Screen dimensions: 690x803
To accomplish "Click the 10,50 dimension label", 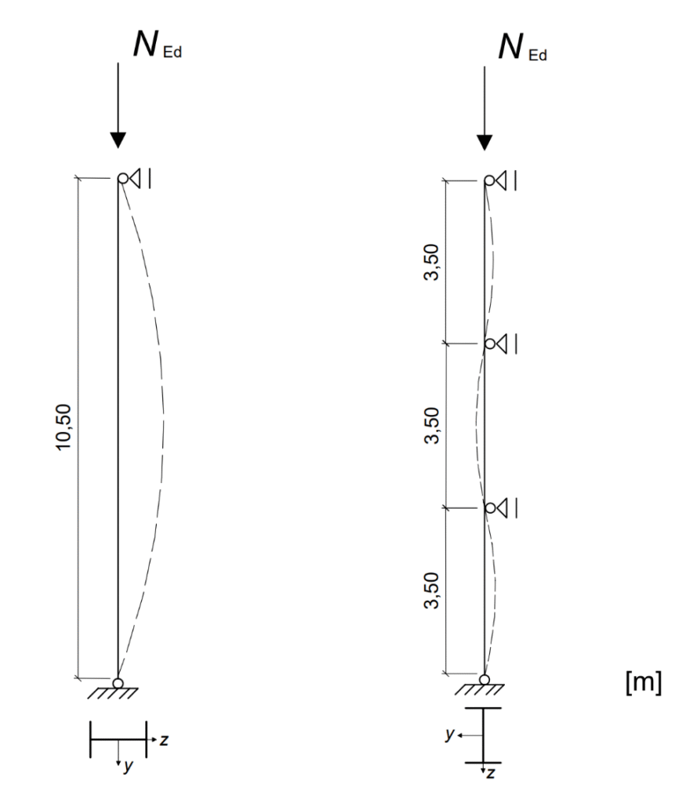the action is pos(64,427).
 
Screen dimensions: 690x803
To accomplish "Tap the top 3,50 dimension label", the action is pos(431,262).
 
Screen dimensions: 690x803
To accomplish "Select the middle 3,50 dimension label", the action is pos(431,426).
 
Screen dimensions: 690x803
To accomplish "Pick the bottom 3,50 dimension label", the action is pos(431,590).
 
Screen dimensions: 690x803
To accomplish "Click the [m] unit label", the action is pos(644,682).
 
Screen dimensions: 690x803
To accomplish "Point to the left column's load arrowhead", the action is pos(118,140).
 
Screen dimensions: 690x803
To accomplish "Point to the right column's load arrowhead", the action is pos(485,143).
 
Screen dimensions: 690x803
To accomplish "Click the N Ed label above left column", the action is pos(158,45).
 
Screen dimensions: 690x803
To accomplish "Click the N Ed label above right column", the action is pos(523,48).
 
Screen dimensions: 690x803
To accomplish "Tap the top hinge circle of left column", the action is pos(123,178).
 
